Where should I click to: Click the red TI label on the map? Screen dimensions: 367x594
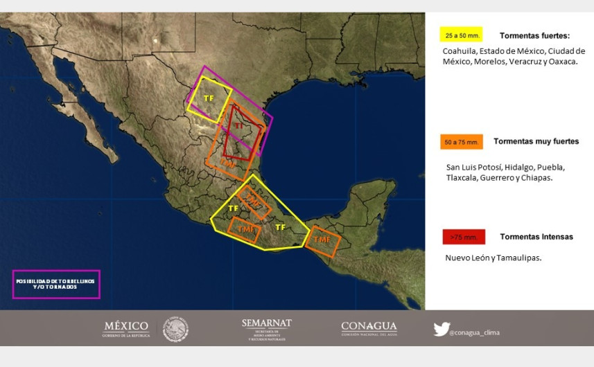[x=239, y=126]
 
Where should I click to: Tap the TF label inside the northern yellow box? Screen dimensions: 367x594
[x=209, y=98]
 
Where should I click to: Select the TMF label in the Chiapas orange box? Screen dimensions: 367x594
[x=321, y=240]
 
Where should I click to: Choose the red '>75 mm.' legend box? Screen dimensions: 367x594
[x=464, y=237]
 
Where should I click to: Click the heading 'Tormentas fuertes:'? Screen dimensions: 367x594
[x=534, y=35]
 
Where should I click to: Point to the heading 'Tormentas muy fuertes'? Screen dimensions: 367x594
[x=536, y=141]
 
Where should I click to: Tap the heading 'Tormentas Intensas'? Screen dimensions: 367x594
[x=536, y=237]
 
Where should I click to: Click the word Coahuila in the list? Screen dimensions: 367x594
[x=461, y=51]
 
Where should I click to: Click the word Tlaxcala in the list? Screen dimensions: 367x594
[x=463, y=178]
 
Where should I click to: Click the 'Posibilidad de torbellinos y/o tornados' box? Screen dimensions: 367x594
[x=56, y=284]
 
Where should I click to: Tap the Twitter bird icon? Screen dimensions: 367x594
[x=441, y=330]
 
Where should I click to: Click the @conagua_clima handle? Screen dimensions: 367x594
[x=475, y=332]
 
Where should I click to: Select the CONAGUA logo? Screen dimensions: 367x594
[x=369, y=328]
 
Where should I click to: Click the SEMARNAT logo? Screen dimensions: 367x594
[x=267, y=329]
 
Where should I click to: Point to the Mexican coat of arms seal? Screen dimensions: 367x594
[x=175, y=329]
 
